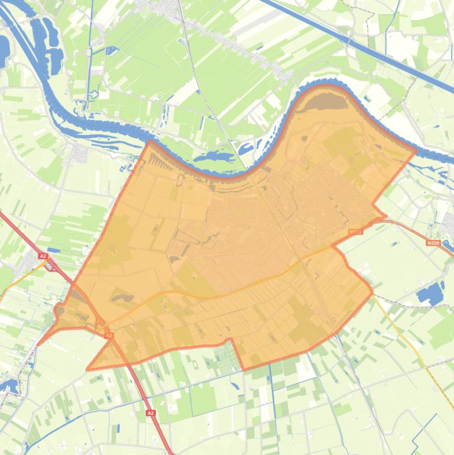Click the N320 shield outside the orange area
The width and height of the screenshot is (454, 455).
coord(433,242)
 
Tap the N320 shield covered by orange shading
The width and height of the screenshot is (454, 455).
coord(355,232)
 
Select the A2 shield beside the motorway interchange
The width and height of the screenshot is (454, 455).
coord(43,256)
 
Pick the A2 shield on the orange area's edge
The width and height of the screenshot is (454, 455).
coord(109,335)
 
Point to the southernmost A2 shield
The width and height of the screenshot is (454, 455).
coord(151,413)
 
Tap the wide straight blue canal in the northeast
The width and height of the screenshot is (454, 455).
coord(354,41)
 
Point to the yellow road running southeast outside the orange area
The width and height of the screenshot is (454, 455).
coord(407,343)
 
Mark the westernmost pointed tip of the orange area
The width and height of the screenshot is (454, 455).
coord(39,344)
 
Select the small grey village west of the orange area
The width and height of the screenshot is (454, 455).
coord(80,155)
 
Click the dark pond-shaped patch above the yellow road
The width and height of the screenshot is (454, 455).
coord(121,298)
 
